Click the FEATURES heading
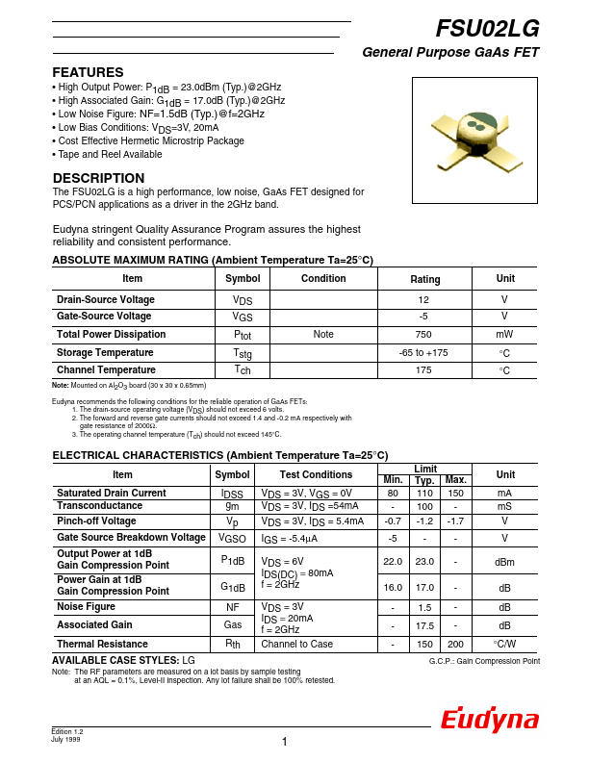(88, 72)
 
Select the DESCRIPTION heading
(98, 178)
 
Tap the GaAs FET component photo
(477, 135)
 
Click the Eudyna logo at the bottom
(490, 720)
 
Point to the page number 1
(286, 741)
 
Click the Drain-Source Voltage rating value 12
(424, 300)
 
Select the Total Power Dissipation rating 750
(424, 335)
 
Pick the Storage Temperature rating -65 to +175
(424, 353)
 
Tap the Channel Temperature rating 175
(424, 370)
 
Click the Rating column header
(424, 279)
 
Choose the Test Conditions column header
(317, 474)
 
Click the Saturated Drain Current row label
(111, 493)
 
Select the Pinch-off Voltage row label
(96, 521)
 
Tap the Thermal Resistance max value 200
(456, 644)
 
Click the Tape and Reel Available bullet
(107, 154)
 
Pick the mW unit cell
(504, 335)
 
